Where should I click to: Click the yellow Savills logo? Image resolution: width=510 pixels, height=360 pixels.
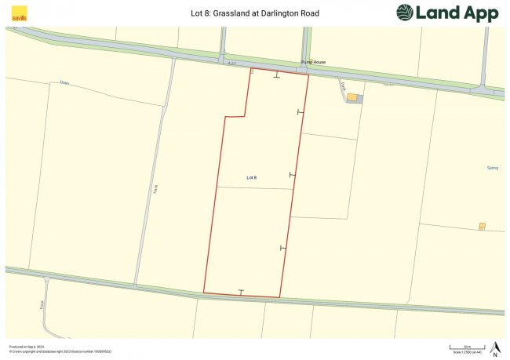(x=17, y=13)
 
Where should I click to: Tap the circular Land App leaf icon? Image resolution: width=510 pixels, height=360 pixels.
(x=405, y=13)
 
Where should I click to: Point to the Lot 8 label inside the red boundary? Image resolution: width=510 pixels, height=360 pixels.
(x=252, y=178)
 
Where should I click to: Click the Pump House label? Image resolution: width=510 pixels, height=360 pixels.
(x=313, y=61)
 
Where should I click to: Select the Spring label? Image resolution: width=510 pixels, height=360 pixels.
(x=493, y=168)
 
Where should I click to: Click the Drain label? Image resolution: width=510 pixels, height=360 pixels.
(x=65, y=82)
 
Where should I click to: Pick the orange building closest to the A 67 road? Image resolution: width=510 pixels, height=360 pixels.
(x=352, y=97)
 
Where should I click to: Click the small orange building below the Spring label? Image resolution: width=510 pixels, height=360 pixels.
(x=482, y=227)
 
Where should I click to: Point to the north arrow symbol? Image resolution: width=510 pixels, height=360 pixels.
(x=495, y=347)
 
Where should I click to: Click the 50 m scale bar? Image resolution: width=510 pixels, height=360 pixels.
(x=466, y=347)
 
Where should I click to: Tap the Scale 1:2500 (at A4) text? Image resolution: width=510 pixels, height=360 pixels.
(x=468, y=354)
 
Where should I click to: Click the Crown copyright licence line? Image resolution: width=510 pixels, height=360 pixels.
(x=60, y=351)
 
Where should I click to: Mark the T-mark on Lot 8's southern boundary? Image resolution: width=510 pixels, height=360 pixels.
(x=242, y=293)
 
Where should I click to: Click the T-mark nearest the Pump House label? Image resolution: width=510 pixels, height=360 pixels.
(x=275, y=76)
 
